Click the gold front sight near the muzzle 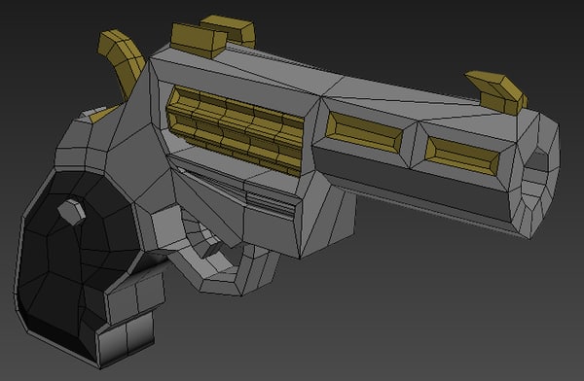[497, 88]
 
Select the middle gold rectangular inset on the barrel [362, 132]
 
